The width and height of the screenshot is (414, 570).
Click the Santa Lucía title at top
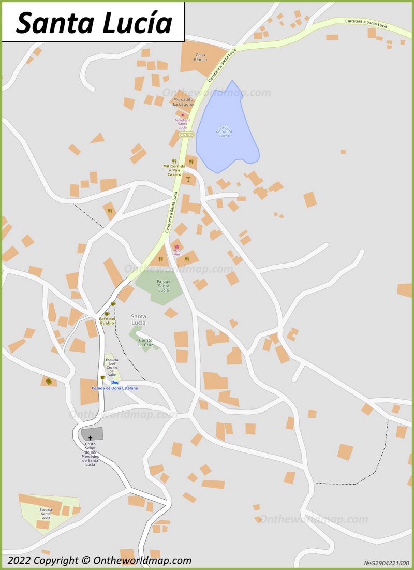tap(94, 22)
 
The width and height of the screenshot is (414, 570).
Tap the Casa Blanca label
tap(200, 57)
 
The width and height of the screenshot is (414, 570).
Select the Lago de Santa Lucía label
tap(224, 131)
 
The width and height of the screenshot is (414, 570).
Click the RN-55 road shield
tap(186, 135)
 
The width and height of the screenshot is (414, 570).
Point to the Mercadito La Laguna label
tap(183, 101)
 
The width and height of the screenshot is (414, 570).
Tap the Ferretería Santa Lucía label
tap(183, 123)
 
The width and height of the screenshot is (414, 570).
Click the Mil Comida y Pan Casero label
tap(174, 170)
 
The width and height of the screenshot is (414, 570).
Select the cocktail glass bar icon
tap(188, 180)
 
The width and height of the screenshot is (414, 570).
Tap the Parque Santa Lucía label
tap(164, 286)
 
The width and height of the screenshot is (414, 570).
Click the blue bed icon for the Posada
tap(114, 383)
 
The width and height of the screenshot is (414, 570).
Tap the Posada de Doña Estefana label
tap(115, 388)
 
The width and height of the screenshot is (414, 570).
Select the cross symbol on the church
tap(90, 437)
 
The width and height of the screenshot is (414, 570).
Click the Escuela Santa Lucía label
tap(46, 513)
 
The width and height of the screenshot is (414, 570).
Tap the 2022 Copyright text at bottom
tap(99, 560)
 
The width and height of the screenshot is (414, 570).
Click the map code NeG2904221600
tap(386, 563)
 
